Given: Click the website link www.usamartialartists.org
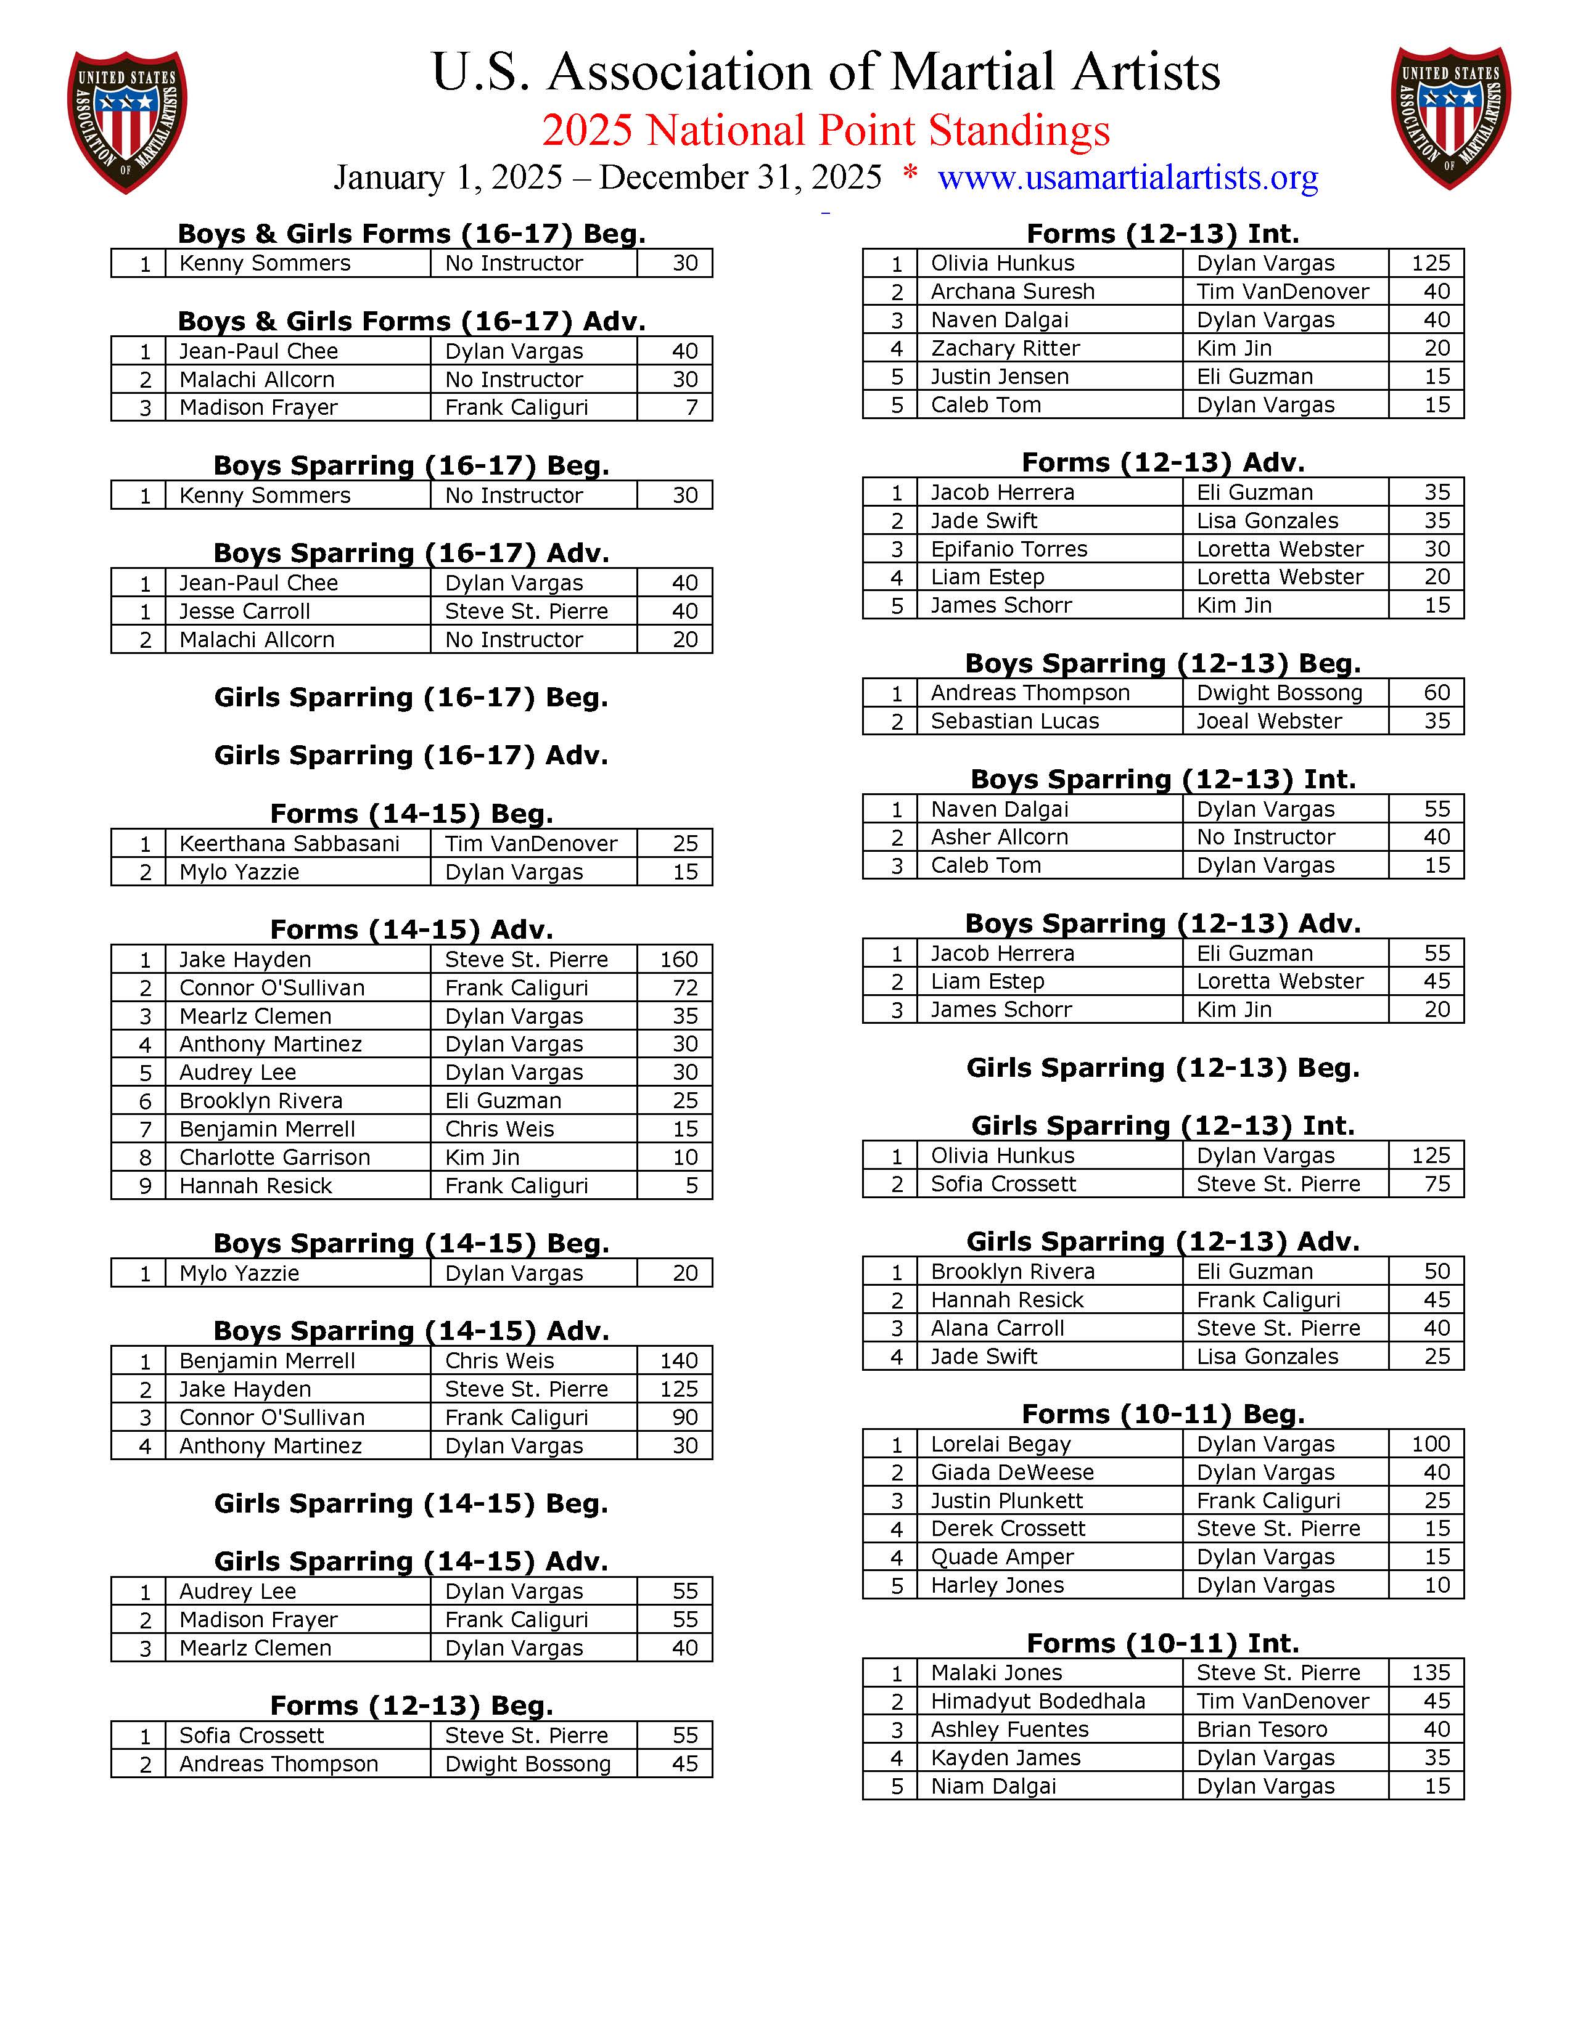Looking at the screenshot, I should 1127,177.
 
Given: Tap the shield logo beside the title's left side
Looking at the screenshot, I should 128,121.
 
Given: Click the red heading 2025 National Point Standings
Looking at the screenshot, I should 825,131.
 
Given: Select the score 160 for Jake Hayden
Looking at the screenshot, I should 679,959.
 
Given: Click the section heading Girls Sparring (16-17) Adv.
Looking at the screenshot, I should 411,755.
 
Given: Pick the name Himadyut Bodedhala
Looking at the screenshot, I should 1038,1702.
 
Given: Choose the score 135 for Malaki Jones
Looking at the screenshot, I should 1430,1673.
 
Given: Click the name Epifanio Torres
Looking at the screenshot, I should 1009,549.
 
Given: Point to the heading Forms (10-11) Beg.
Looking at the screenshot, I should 1162,1414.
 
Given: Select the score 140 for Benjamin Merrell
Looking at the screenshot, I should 679,1361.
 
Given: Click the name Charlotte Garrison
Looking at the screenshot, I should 275,1157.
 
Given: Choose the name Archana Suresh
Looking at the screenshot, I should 1013,292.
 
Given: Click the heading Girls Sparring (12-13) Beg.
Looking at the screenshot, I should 1162,1068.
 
